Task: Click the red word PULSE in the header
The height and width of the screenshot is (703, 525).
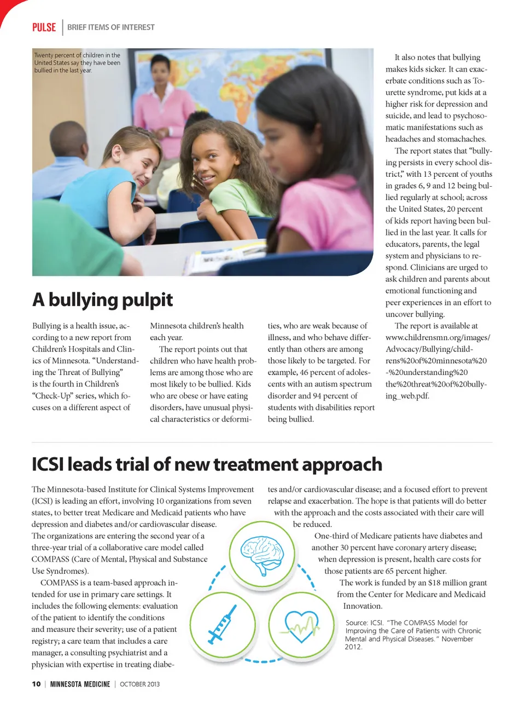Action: pos(44,27)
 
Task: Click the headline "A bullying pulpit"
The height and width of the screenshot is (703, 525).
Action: pos(102,300)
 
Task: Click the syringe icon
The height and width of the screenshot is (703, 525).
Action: pos(223,625)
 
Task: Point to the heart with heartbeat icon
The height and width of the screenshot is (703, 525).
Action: pos(301,625)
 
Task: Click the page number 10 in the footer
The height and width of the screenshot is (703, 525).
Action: pos(36,684)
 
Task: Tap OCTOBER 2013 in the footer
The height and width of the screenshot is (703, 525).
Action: pos(140,684)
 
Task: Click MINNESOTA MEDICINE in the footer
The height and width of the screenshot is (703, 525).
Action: pos(80,684)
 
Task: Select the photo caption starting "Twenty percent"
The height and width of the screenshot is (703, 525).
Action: pos(77,62)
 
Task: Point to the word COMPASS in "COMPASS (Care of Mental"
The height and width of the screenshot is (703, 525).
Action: pos(50,559)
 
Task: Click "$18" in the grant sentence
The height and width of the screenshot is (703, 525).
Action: pos(434,583)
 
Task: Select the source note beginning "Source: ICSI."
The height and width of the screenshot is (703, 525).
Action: pos(413,635)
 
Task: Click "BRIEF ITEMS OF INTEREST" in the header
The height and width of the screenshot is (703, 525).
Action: pos(111,27)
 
